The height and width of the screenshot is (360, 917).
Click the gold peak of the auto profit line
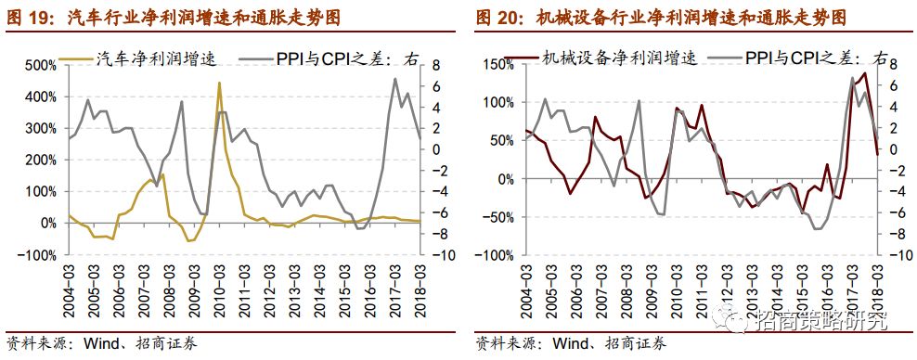coord(219,84)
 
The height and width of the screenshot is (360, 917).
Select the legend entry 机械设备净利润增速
coord(612,58)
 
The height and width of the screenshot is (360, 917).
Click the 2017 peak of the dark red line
coord(865,73)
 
